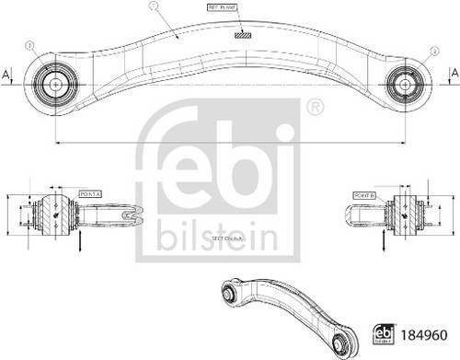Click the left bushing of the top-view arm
[53, 83]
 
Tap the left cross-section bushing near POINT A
[53, 215]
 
